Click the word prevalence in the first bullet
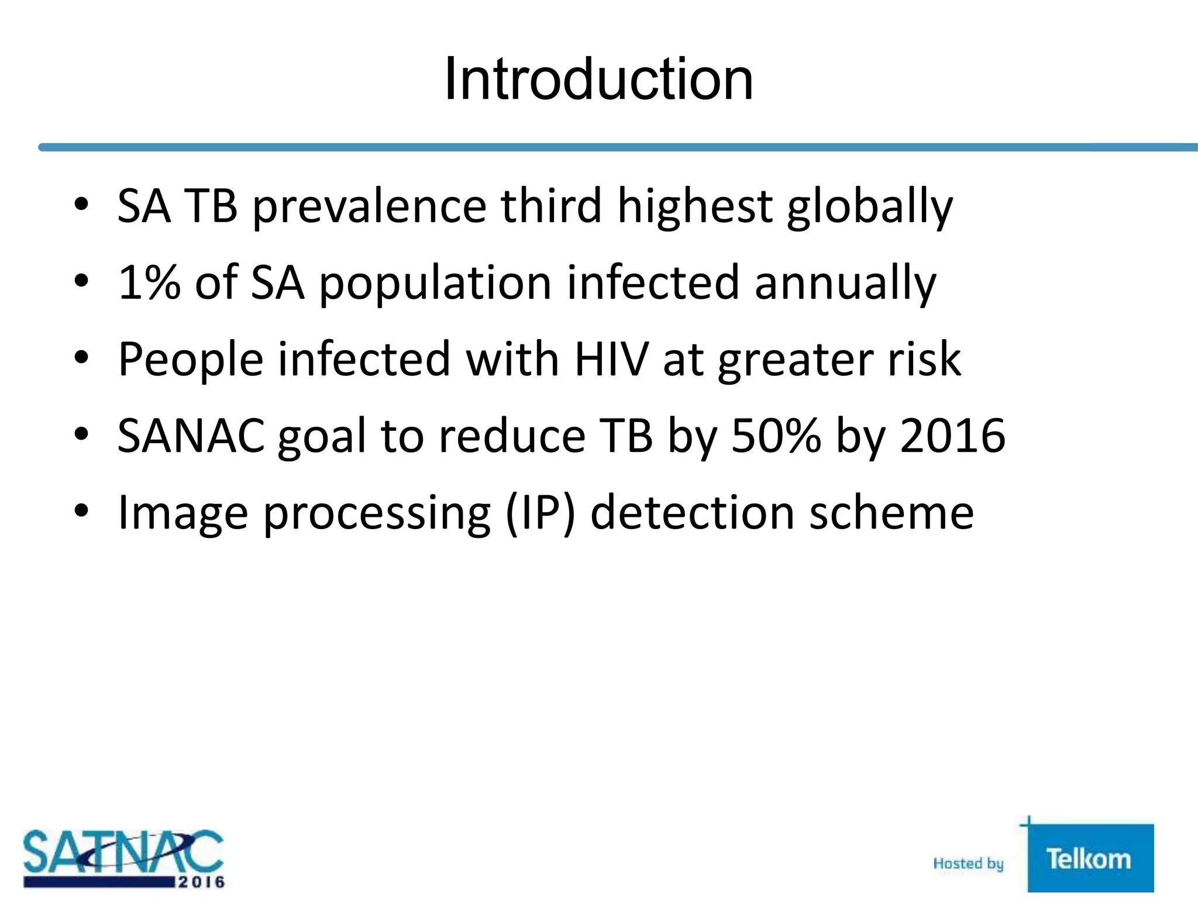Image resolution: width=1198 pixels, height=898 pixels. pos(370,206)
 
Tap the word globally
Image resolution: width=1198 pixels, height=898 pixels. pos(870,206)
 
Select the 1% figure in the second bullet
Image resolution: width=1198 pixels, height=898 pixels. pos(149,283)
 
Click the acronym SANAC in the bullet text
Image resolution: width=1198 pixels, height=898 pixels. pos(191,436)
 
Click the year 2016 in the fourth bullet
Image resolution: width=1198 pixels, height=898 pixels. pos(952,436)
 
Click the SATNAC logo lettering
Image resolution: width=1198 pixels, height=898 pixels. pos(123,851)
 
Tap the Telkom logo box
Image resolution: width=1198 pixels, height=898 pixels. pos(1090,858)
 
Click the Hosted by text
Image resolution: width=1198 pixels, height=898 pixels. pos(968,864)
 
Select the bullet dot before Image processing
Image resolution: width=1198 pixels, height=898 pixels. pos(81,511)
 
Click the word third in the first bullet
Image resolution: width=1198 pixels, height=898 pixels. pos(551,206)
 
